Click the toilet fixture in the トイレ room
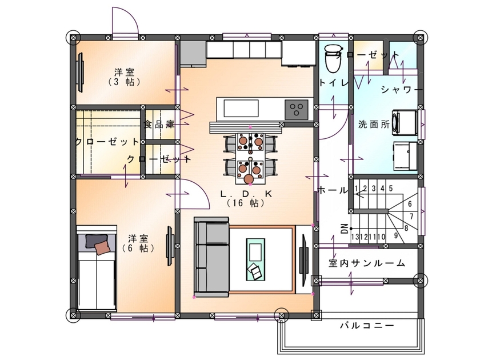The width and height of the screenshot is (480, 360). coord(331,58)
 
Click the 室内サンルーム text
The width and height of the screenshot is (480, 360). coord(367,263)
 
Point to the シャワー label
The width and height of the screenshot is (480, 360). coord(402,90)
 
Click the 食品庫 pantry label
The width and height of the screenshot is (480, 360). coord(159,124)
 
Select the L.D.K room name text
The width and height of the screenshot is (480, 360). coord(246,194)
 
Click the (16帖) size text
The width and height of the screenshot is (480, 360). coord(246,203)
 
